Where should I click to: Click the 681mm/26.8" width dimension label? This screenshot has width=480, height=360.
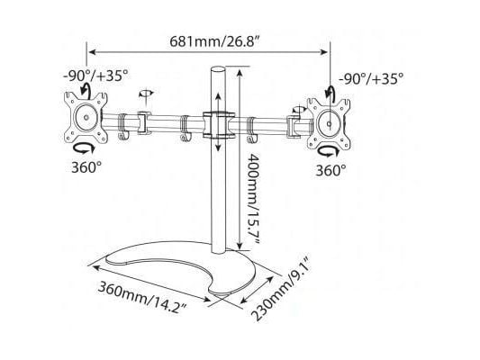pyautogui.click(x=215, y=41)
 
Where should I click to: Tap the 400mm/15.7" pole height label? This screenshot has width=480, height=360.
pyautogui.click(x=253, y=199)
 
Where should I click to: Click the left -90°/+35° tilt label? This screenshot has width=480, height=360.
pyautogui.click(x=95, y=76)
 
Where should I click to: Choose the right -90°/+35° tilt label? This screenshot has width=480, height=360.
pyautogui.click(x=371, y=79)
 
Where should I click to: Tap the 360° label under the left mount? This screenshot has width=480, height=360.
pyautogui.click(x=86, y=167)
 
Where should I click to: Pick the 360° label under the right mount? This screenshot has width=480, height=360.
pyautogui.click(x=331, y=171)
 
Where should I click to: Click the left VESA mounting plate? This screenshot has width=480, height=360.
pyautogui.click(x=86, y=117)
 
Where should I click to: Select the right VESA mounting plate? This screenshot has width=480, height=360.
pyautogui.click(x=329, y=124)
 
